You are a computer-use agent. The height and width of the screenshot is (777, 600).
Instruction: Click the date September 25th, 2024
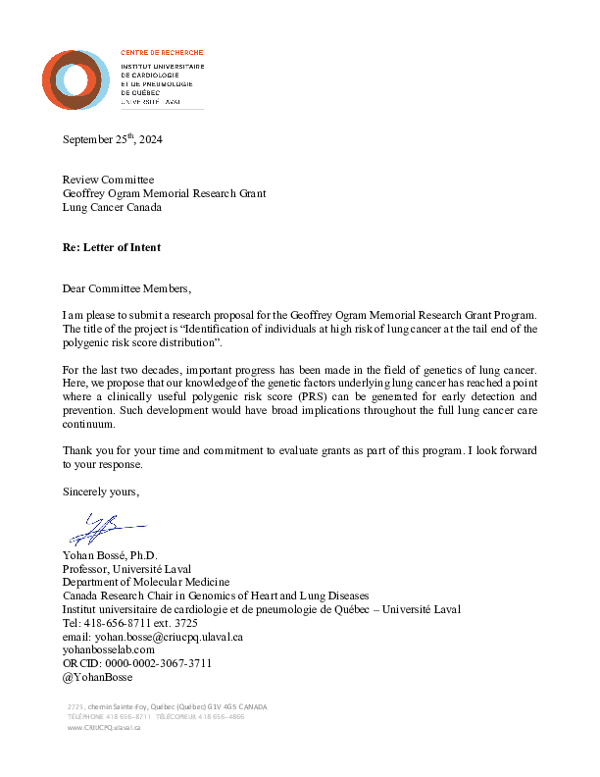(x=112, y=139)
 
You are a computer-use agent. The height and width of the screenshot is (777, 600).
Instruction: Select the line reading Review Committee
(x=108, y=180)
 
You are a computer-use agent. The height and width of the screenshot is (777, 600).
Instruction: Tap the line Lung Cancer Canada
(x=112, y=207)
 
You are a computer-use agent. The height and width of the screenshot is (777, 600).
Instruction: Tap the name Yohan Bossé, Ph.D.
(x=110, y=555)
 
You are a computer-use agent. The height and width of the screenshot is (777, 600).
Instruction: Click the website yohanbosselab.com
(x=109, y=649)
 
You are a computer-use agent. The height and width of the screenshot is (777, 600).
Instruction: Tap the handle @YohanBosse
(x=97, y=677)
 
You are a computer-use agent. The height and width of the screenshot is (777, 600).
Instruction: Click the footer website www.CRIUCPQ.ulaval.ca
(x=104, y=728)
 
